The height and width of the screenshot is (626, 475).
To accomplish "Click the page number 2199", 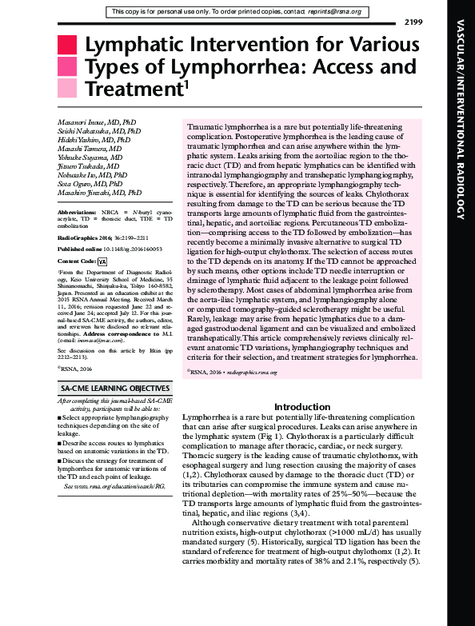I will [436, 21].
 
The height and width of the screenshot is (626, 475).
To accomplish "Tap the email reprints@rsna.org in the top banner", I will [333, 12].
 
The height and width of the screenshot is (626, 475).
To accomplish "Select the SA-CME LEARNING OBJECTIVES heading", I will [110, 387].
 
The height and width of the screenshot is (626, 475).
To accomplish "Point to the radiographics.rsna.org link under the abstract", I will [237, 372].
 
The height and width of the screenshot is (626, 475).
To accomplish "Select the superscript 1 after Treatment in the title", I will [186, 81].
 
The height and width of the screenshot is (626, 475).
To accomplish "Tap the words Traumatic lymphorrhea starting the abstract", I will [222, 128].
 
